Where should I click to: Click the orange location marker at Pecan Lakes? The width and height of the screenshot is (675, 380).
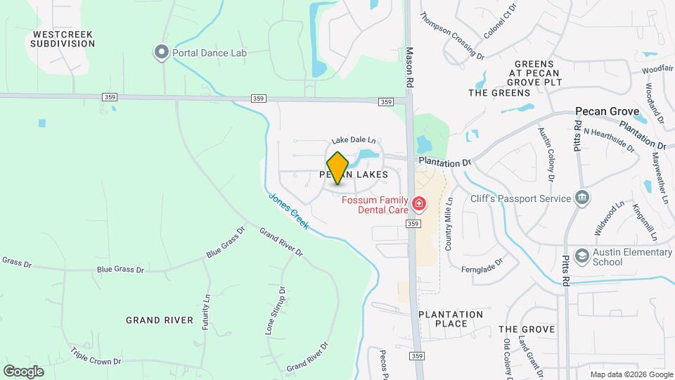click(x=338, y=167)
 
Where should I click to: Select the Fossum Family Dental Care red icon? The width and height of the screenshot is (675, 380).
click(x=420, y=205)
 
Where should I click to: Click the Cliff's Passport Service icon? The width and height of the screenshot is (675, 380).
click(x=581, y=198)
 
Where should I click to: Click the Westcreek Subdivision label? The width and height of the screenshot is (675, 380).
click(x=63, y=38)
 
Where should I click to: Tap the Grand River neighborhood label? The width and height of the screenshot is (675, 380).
click(x=159, y=320)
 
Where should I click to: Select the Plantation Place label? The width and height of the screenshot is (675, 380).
click(x=451, y=319)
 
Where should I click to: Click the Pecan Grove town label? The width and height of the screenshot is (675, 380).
click(x=607, y=111)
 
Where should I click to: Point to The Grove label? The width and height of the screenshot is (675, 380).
click(x=527, y=329)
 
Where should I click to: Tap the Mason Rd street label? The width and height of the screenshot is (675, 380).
click(x=409, y=68)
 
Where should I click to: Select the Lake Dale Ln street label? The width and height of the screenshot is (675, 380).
click(x=354, y=141)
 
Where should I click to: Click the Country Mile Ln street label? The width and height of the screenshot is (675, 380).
click(x=448, y=222)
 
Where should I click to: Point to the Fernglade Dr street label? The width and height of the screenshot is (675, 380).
click(x=482, y=265)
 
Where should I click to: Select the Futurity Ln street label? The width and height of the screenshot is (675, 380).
click(x=206, y=312)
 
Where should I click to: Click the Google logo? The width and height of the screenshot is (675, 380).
click(x=23, y=371)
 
